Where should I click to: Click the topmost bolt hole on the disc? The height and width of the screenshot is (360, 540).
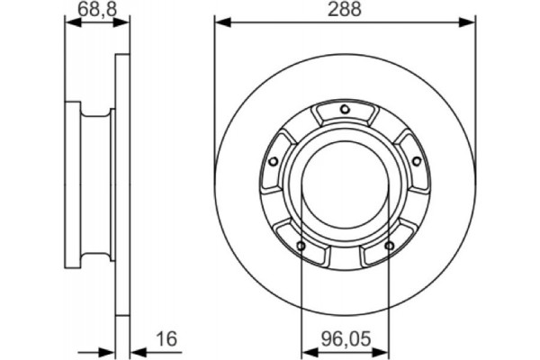point(345,110)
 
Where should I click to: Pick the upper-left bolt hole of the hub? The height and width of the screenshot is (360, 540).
point(273,161)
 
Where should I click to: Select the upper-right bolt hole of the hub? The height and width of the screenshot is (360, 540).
point(417,161)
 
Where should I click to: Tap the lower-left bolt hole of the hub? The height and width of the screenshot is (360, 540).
point(301,246)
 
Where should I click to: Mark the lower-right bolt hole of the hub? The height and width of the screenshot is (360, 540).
point(389,246)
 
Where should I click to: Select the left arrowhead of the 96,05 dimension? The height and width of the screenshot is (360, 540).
point(307,351)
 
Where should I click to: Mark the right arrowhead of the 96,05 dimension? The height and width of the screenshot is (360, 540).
point(382,351)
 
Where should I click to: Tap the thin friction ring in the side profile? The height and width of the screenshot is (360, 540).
point(123,180)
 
